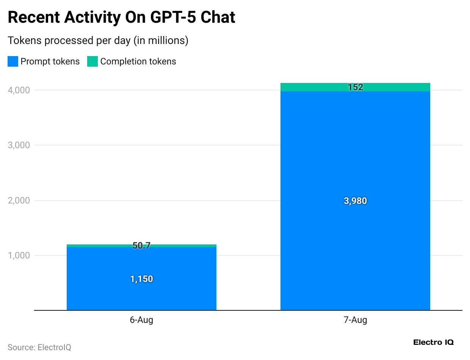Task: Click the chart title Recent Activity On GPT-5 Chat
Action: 121,17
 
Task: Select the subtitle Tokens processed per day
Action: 98,40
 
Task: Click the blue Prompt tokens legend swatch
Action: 13,61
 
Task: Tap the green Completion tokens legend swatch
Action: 92,61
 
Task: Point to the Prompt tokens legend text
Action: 50,61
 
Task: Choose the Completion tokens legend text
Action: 138,61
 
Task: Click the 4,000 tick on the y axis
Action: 19,90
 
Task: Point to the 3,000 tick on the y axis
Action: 19,145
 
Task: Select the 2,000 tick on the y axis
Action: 19,200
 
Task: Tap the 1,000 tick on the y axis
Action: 19,255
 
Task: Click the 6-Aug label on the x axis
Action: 141,320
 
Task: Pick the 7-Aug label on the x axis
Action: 355,320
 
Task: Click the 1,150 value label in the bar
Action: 141,279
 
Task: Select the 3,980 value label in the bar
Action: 355,201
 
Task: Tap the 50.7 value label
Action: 141,246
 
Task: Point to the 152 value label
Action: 355,88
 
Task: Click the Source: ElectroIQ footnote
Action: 39,347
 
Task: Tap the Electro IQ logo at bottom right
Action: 433,342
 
